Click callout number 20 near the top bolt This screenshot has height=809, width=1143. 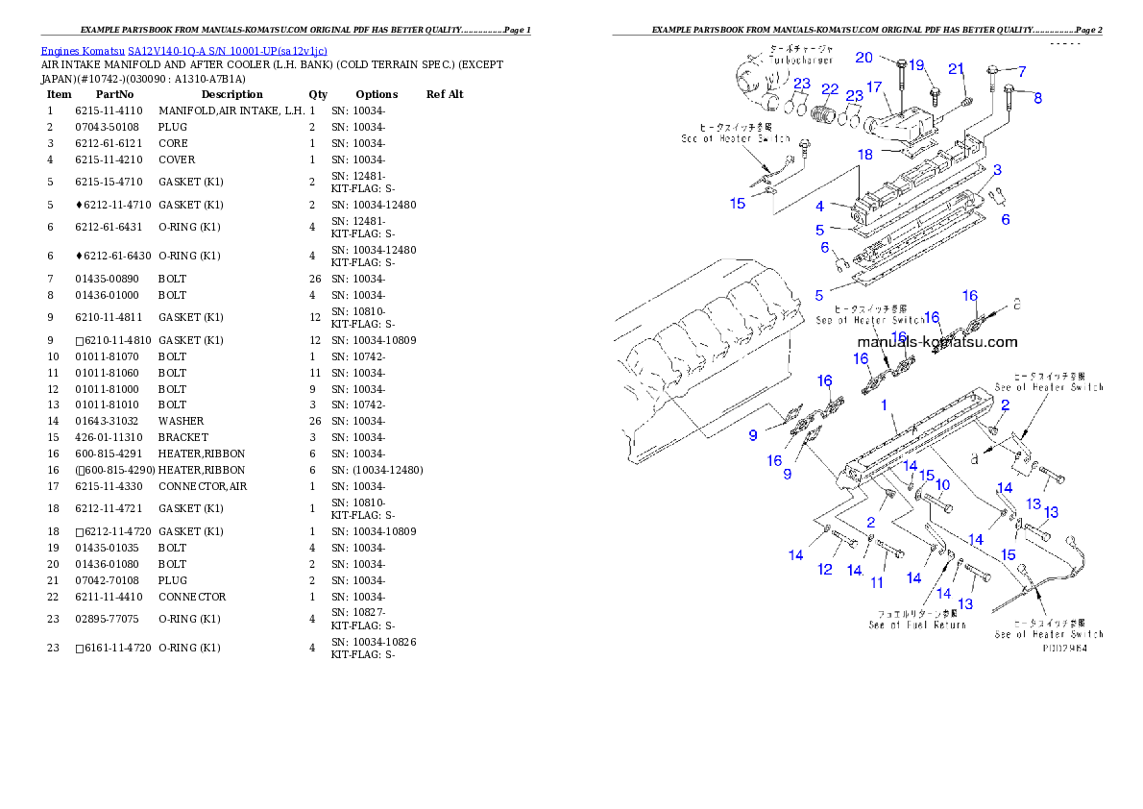[x=863, y=57]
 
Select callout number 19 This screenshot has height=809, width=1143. [x=916, y=65]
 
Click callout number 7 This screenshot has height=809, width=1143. [x=1022, y=71]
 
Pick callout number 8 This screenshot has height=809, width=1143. [x=1037, y=97]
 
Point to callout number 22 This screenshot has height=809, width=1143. [x=830, y=89]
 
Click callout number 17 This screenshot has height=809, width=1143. [x=874, y=87]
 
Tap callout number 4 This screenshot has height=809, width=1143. [x=819, y=206]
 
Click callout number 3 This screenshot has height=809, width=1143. [x=998, y=170]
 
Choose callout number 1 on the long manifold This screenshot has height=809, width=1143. [x=885, y=405]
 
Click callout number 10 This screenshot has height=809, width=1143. [x=942, y=485]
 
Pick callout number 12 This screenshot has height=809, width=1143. [x=825, y=570]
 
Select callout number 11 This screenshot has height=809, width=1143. [x=877, y=583]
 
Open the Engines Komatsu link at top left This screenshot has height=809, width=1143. [x=183, y=51]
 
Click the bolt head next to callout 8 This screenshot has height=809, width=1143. [x=1009, y=89]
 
